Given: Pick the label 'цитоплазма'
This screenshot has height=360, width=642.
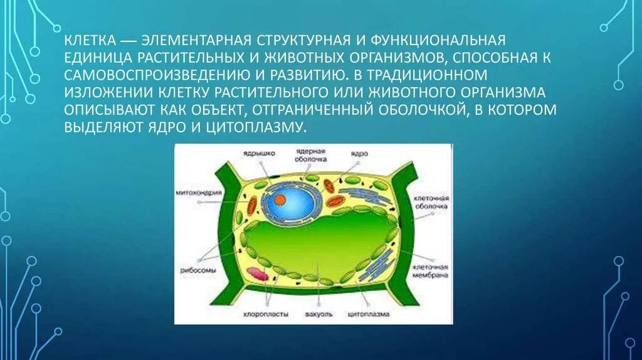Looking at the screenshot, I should (x=369, y=313).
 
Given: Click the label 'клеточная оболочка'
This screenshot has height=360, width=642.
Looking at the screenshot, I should (x=429, y=201).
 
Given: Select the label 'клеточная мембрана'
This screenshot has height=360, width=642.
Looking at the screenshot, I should (x=429, y=270).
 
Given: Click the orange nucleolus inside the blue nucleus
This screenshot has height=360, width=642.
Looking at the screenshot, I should (x=280, y=199).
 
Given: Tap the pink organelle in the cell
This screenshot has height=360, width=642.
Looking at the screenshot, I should (x=256, y=273).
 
